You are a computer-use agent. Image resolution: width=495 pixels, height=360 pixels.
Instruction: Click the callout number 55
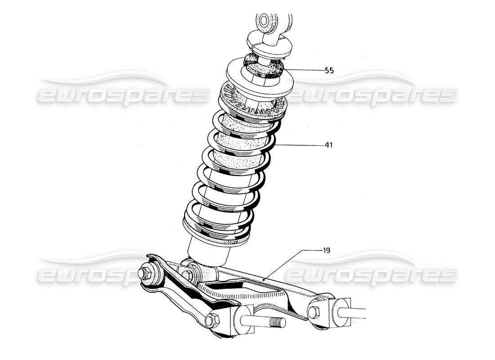click(329, 71)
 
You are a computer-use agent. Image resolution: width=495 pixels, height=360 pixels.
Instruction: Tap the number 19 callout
click(327, 250)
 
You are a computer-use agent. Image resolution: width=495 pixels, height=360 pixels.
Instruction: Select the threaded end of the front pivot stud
click(275, 323)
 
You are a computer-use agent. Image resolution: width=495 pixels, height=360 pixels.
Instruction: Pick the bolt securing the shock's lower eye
click(189, 273)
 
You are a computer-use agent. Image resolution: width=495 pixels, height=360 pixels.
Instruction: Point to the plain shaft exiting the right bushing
click(358, 310)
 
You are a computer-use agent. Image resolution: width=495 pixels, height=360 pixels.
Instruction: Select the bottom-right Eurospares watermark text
click(371, 274)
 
